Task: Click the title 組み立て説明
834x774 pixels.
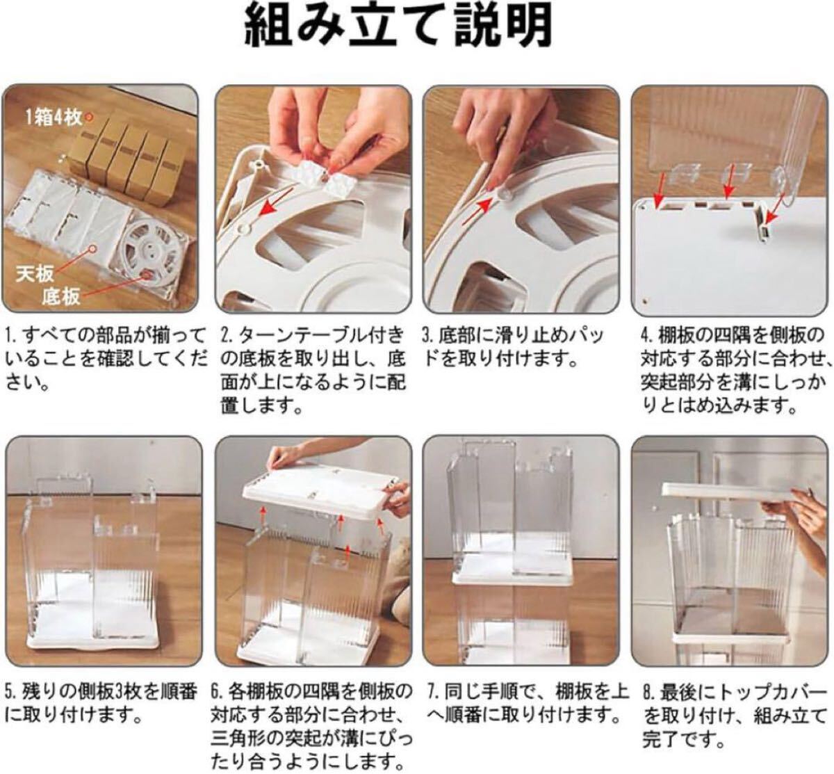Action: tap(398, 26)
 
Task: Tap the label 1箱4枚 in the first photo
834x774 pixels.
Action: tap(54, 118)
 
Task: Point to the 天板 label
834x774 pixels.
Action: tap(35, 274)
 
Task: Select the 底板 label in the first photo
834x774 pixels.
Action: tap(60, 297)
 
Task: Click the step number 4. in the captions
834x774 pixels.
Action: tap(648, 336)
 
